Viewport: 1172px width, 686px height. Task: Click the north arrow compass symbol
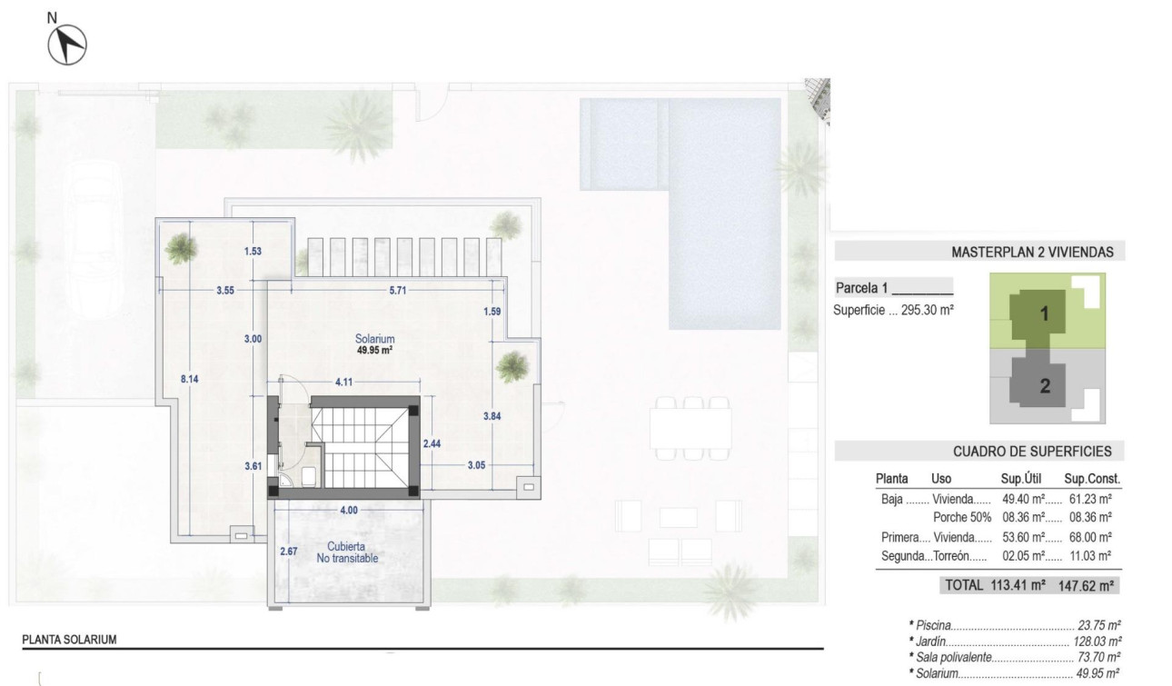[66, 44]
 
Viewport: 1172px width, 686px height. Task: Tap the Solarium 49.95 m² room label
[374, 344]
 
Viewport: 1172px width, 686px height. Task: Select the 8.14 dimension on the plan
[189, 381]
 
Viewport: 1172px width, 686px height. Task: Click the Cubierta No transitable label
[347, 552]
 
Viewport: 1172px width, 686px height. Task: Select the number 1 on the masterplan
[1045, 314]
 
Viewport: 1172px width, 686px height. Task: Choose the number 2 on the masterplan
[1045, 385]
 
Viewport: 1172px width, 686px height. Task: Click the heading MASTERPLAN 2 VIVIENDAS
[1032, 253]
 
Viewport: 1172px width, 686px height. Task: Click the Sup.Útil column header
[1020, 478]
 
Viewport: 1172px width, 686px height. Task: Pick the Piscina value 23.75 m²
[1098, 625]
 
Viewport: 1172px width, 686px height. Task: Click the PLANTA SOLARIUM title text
[69, 640]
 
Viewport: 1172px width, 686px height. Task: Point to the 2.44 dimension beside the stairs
[432, 444]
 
